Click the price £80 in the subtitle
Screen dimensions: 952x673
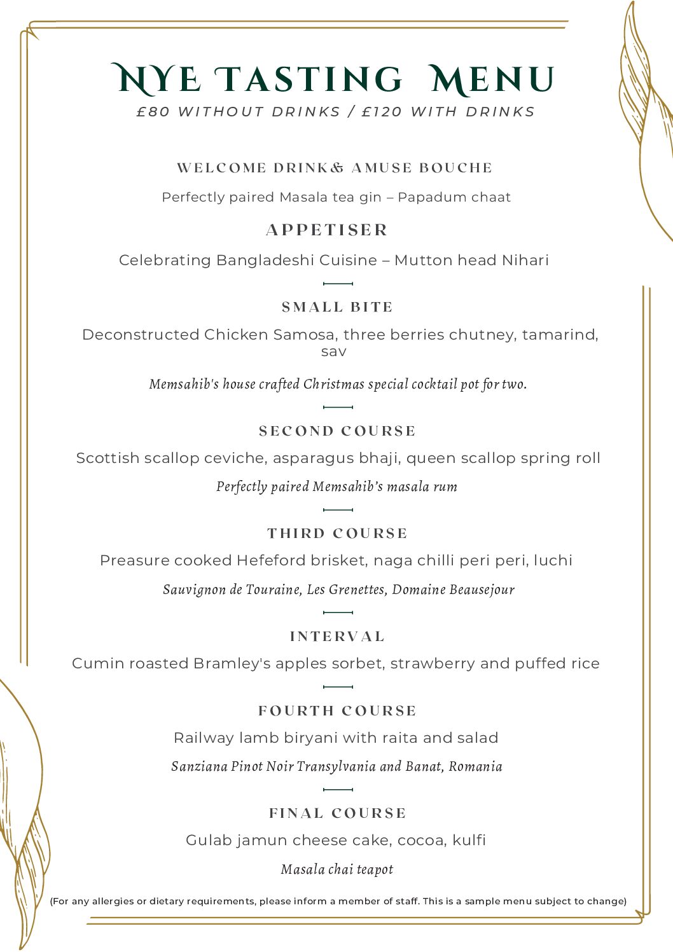click(153, 112)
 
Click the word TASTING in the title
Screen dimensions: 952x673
click(309, 80)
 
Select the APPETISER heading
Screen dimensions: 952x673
click(327, 230)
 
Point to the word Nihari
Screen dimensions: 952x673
click(525, 260)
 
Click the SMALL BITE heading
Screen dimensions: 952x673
click(337, 307)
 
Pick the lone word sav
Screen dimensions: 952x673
click(333, 352)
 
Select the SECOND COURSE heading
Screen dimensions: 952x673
click(337, 431)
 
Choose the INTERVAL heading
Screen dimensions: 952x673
click(337, 637)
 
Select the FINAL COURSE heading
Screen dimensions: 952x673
click(337, 813)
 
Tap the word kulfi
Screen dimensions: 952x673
click(469, 840)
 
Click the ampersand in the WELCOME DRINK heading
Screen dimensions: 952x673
click(337, 168)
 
